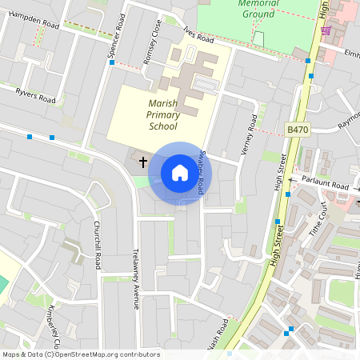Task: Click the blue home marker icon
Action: (180, 173)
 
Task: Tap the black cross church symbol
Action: (144, 162)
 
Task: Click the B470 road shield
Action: (297, 128)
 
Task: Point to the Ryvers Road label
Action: (36, 96)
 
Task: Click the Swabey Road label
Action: (203, 171)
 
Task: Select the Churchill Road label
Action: (97, 244)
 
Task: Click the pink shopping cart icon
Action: (326, 30)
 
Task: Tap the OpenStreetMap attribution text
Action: (81, 354)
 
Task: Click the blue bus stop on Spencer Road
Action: (112, 62)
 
